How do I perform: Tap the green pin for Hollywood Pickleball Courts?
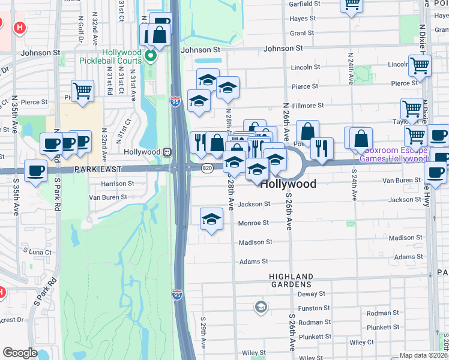151,58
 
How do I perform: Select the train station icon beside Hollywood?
169,152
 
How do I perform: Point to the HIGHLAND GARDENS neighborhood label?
291,280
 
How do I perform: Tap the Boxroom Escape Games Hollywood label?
402,154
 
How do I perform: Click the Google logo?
20,353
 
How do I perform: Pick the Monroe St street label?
253,223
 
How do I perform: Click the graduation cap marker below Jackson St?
211,220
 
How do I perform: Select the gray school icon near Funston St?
261,308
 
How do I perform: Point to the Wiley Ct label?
361,343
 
